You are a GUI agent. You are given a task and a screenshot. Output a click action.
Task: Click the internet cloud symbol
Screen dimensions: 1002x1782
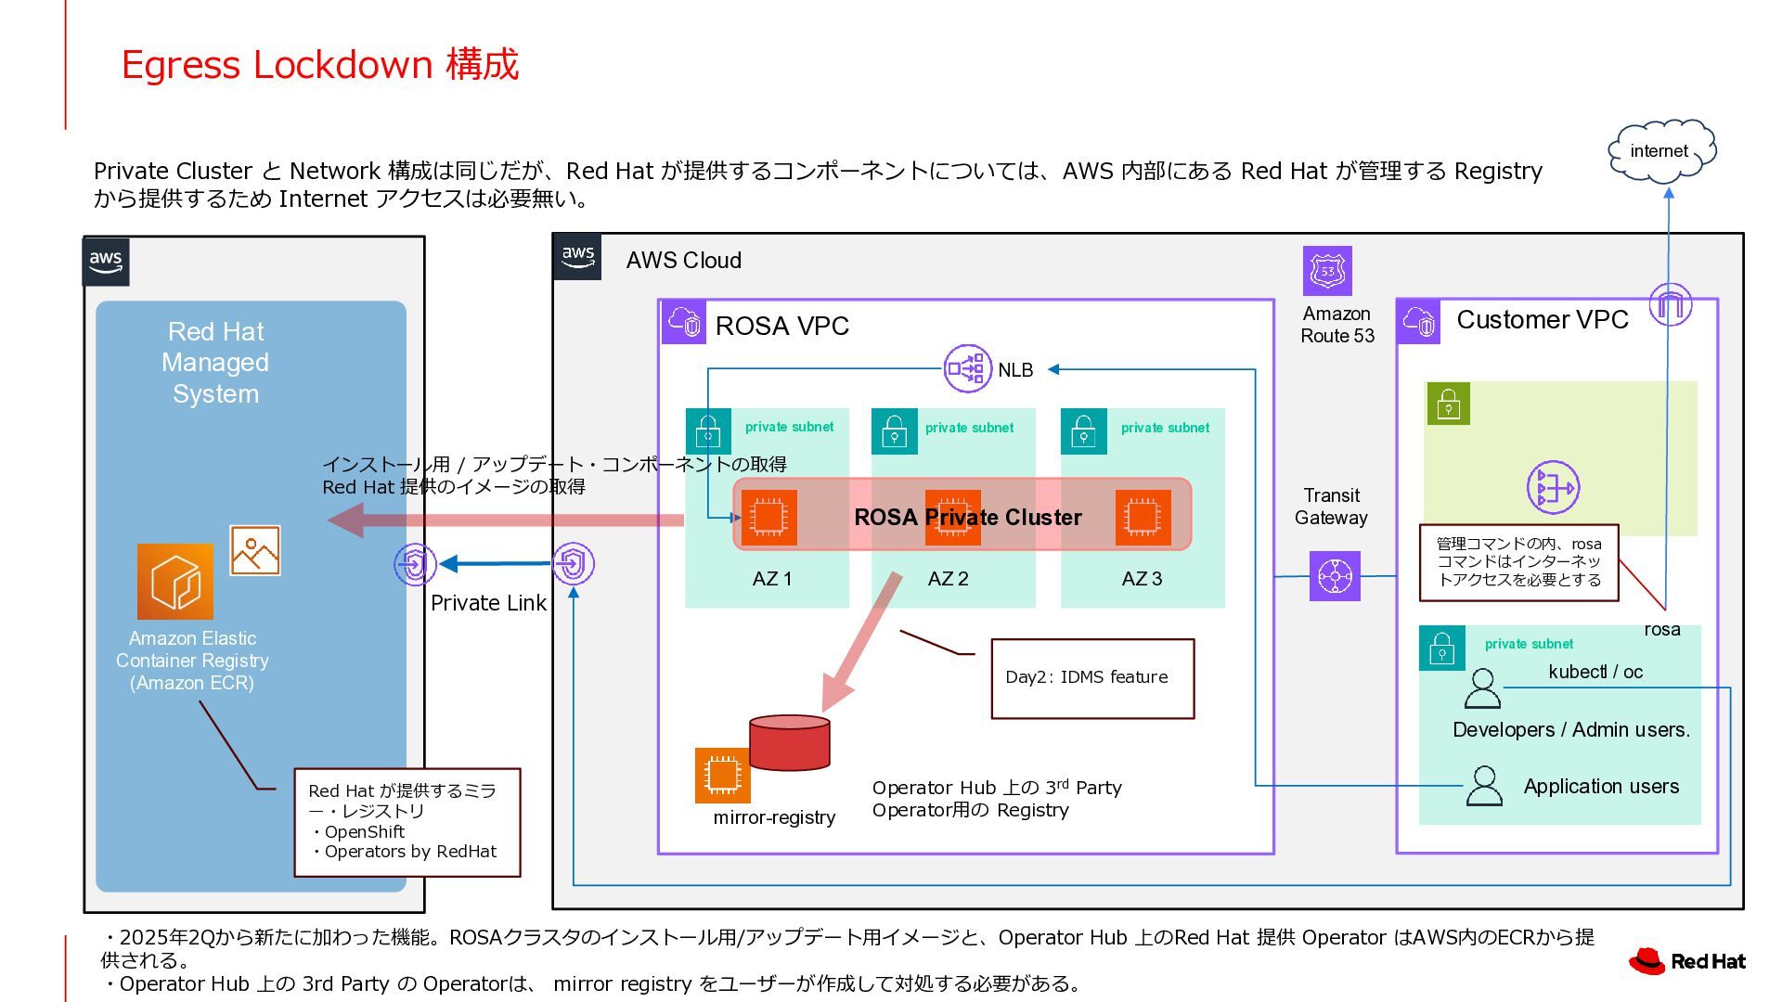pyautogui.click(x=1660, y=150)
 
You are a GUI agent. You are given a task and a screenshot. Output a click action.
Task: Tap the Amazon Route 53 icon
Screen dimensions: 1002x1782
pyautogui.click(x=1327, y=271)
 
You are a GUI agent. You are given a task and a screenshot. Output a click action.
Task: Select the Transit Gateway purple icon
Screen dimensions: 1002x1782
pyautogui.click(x=1335, y=576)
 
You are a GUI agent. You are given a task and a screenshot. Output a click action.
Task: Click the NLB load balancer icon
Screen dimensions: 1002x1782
pyautogui.click(x=967, y=368)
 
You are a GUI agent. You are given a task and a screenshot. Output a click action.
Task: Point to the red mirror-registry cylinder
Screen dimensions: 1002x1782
pyautogui.click(x=789, y=742)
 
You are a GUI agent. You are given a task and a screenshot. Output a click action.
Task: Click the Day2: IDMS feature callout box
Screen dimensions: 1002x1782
pyautogui.click(x=1092, y=678)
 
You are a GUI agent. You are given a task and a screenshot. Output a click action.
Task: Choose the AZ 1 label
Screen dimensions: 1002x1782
pyautogui.click(x=771, y=579)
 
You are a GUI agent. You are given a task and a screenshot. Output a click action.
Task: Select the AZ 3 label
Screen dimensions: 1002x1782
pyautogui.click(x=1142, y=579)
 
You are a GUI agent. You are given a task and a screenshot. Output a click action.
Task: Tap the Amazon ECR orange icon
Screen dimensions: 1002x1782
pyautogui.click(x=175, y=582)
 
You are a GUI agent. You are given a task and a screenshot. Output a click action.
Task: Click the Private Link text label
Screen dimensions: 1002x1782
pyautogui.click(x=488, y=603)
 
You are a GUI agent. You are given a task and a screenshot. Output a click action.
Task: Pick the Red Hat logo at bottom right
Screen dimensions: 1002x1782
pyautogui.click(x=1687, y=961)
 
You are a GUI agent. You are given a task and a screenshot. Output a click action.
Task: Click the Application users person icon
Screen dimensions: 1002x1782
pyautogui.click(x=1483, y=786)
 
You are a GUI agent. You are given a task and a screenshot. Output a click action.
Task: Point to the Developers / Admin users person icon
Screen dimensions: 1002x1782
pyautogui.click(x=1481, y=689)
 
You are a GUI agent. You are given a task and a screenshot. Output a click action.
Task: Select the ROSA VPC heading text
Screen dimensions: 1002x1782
pyautogui.click(x=781, y=326)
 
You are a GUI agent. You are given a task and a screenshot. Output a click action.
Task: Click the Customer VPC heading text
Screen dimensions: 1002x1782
pyautogui.click(x=1542, y=320)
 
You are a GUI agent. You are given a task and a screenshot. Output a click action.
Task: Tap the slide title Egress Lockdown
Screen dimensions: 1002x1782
pyautogui.click(x=320, y=65)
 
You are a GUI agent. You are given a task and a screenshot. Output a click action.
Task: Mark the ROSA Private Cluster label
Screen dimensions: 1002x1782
pyautogui.click(x=967, y=518)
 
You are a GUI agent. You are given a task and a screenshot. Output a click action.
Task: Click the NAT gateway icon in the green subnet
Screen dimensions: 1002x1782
pyautogui.click(x=1553, y=487)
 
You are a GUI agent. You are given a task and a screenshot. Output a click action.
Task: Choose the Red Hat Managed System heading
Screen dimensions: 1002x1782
pyautogui.click(x=215, y=363)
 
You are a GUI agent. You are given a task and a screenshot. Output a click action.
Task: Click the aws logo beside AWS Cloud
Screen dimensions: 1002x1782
pyautogui.click(x=577, y=257)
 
